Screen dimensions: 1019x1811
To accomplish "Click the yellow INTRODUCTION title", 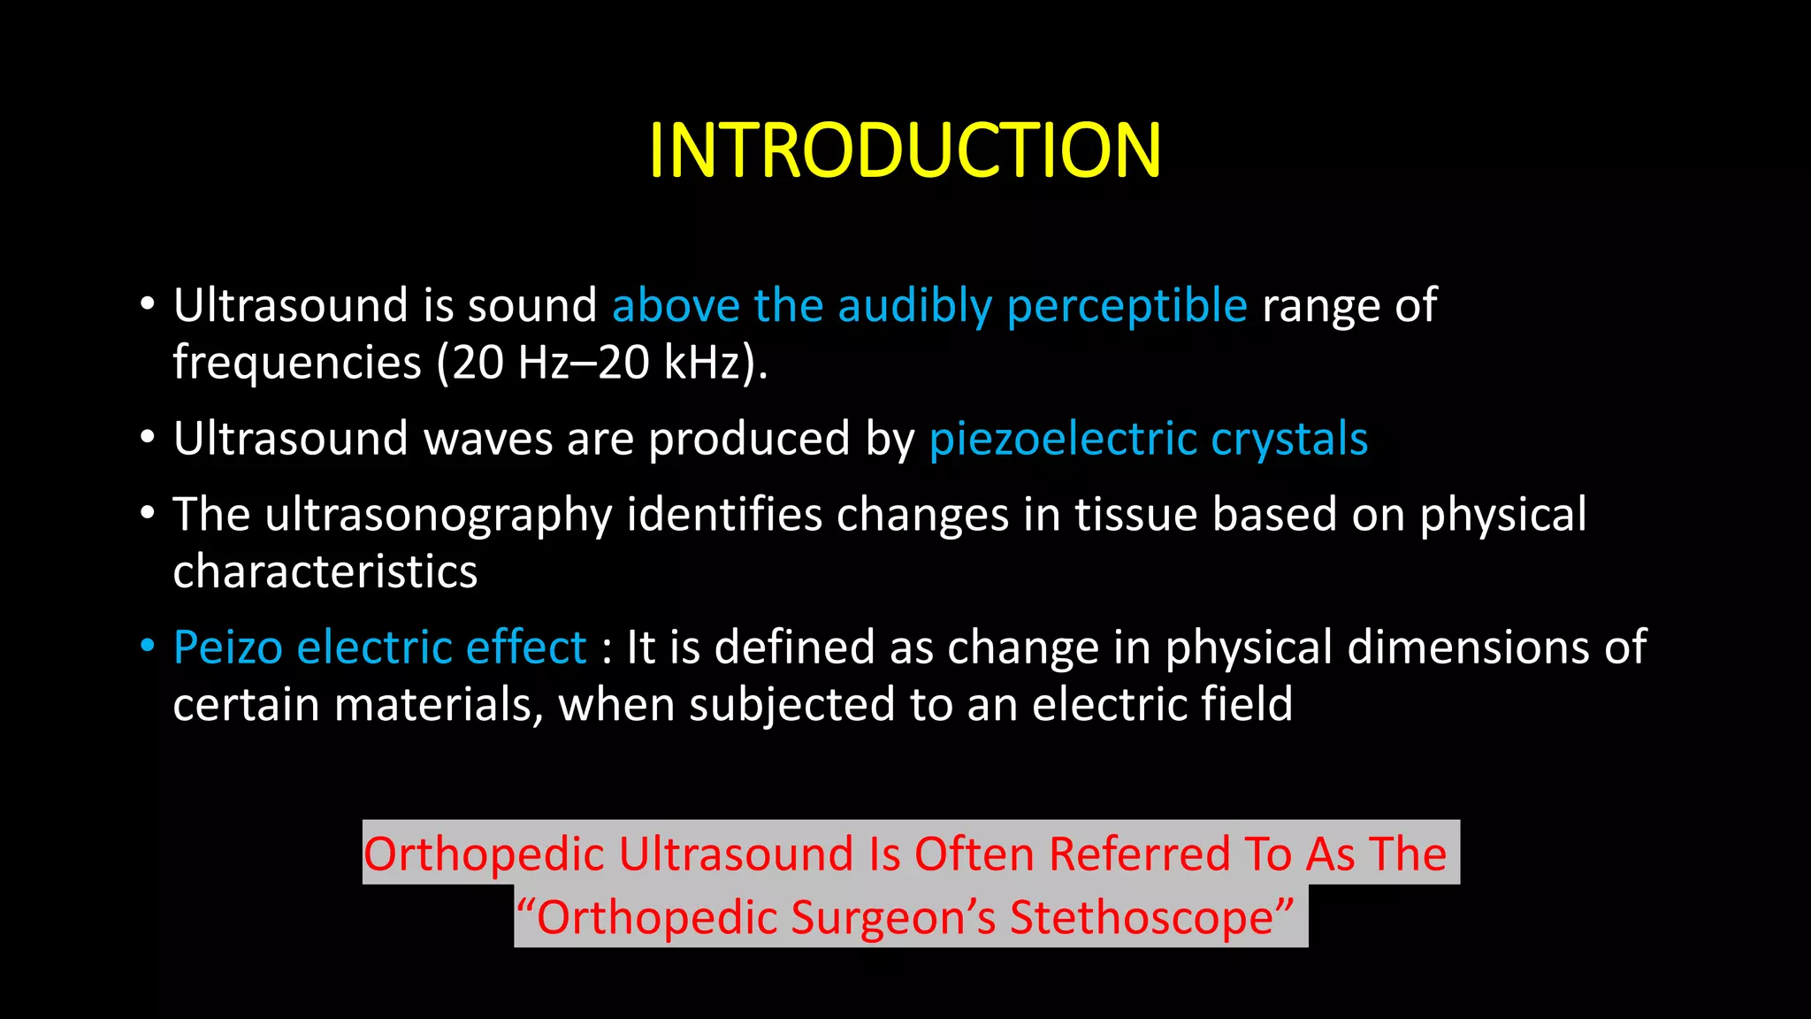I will [x=905, y=150].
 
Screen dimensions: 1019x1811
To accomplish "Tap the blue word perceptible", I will [x=1127, y=307].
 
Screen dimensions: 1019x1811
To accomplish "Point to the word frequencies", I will [x=297, y=363].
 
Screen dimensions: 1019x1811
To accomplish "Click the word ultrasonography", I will [x=438, y=516].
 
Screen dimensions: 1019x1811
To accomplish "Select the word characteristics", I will [x=325, y=572].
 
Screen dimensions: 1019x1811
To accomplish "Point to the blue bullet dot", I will [x=148, y=646].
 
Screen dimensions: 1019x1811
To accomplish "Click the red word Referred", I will [x=1139, y=855].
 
